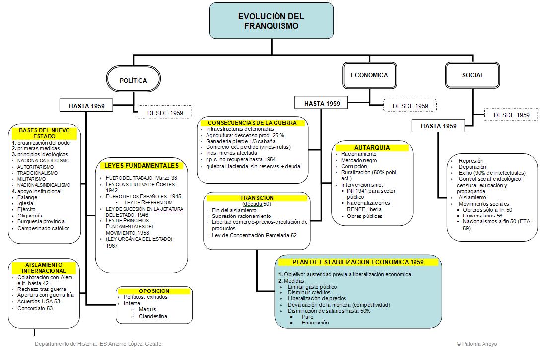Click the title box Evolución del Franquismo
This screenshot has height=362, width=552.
[271, 21]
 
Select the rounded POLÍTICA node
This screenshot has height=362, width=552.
[134, 80]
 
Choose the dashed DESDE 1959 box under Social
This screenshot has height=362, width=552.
[512, 115]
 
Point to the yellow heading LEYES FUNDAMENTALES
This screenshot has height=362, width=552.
[141, 166]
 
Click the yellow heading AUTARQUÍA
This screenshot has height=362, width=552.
[372, 147]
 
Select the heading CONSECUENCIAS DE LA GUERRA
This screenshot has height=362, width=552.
[252, 123]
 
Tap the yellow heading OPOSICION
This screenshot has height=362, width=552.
[154, 291]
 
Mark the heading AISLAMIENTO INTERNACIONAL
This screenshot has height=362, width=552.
[44, 268]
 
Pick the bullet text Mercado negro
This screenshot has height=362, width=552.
[359, 160]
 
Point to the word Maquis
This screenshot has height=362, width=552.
[147, 309]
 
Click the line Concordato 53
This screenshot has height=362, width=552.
[35, 308]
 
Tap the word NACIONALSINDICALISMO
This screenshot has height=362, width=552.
[44, 185]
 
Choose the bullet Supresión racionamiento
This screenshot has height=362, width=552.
[241, 216]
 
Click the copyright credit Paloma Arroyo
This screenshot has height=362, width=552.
[477, 344]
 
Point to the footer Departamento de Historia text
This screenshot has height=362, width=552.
[98, 344]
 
